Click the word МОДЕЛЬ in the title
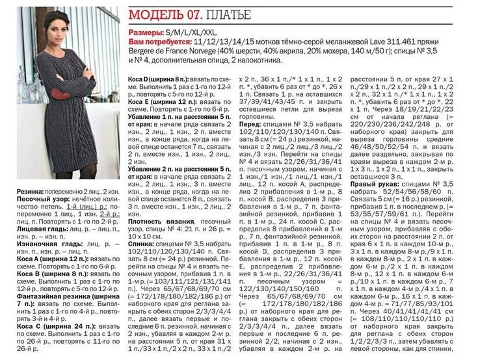pyautogui.click(x=152, y=14)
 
